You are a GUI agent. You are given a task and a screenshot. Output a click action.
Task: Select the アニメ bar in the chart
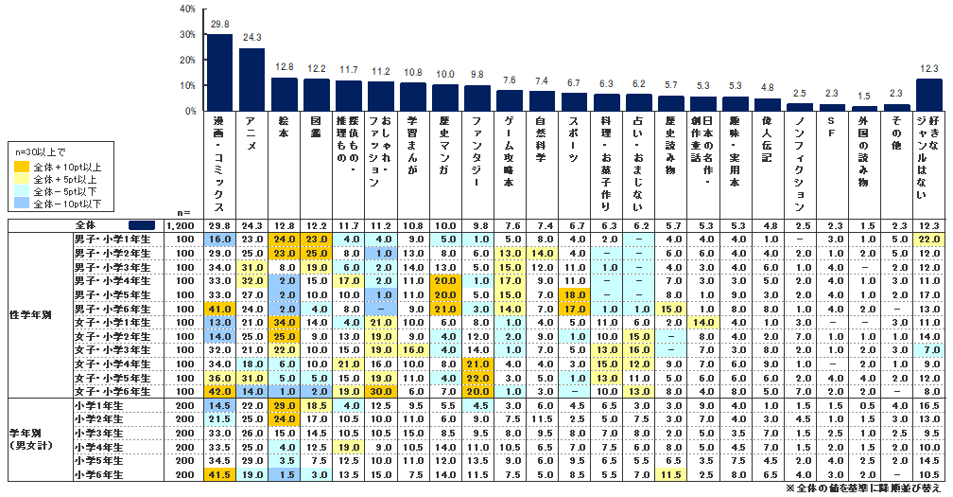point(251,80)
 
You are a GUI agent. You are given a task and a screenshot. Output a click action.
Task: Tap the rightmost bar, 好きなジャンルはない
point(928,95)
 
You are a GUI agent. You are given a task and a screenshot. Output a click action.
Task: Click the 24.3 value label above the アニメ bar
point(251,39)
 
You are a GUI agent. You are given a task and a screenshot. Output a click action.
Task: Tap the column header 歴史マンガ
point(444,142)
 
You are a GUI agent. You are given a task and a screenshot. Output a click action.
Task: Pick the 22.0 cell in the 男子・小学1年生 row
point(928,240)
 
